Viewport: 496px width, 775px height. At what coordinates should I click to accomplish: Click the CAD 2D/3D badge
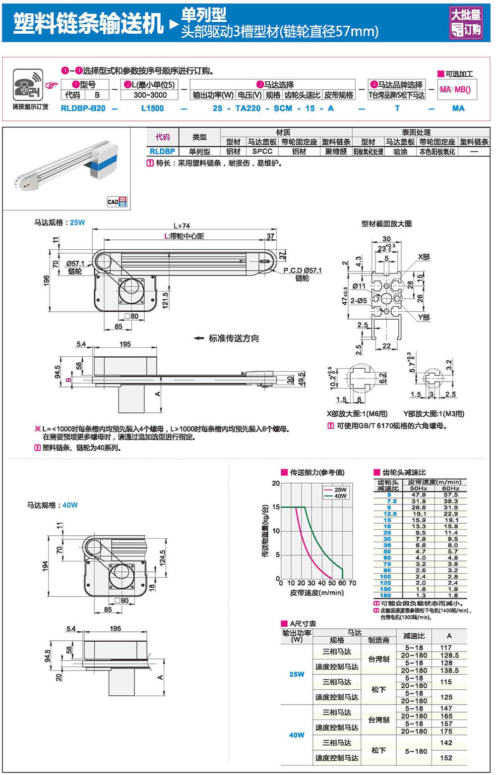pyautogui.click(x=117, y=201)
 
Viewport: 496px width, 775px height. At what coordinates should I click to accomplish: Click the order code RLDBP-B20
pyautogui.click(x=83, y=108)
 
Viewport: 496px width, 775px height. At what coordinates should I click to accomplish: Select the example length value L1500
pyautogui.click(x=152, y=108)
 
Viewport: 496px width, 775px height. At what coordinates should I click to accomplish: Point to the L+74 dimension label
pyautogui.click(x=182, y=225)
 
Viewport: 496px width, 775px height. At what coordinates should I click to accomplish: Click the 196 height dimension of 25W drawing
pyautogui.click(x=47, y=280)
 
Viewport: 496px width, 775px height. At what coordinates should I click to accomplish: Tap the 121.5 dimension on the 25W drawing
pyautogui.click(x=165, y=300)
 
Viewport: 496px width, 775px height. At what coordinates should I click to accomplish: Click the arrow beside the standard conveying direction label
pyautogui.click(x=199, y=338)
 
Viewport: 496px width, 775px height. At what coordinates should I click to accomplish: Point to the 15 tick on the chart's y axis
pyautogui.click(x=276, y=507)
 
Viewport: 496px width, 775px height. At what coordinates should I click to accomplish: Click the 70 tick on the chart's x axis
pyautogui.click(x=352, y=583)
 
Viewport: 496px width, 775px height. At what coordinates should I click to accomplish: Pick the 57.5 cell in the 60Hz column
pyautogui.click(x=450, y=495)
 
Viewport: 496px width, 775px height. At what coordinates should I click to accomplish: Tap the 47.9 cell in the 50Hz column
pyautogui.click(x=419, y=495)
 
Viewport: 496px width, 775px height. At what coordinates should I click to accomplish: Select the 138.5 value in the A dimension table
pyautogui.click(x=449, y=670)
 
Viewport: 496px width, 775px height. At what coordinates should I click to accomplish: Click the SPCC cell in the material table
pyautogui.click(x=262, y=152)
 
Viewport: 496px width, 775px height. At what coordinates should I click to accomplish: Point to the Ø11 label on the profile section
pyautogui.click(x=359, y=286)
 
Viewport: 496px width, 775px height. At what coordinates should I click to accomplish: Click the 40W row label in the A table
pyautogui.click(x=297, y=735)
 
